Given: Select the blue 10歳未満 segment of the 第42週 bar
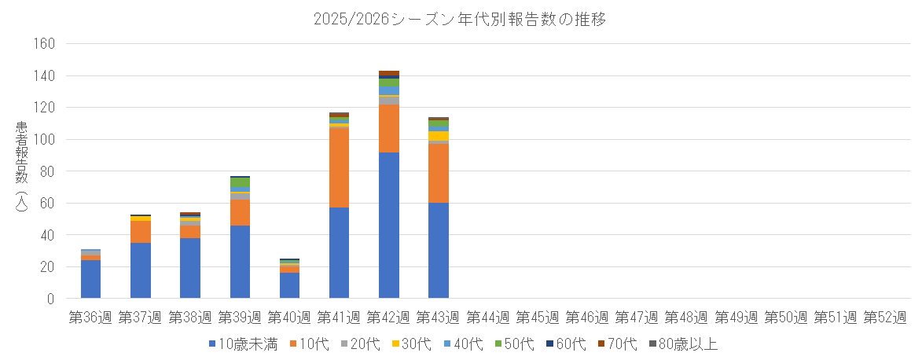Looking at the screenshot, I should click(x=389, y=225).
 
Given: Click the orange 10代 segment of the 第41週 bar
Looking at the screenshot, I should click(x=340, y=167).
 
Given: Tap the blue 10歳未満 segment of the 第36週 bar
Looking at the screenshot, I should click(x=91, y=279).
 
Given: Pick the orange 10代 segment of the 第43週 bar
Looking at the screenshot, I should click(x=439, y=173).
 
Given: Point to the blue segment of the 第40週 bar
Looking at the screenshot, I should click(x=289, y=285).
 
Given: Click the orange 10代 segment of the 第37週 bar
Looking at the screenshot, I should click(x=141, y=232).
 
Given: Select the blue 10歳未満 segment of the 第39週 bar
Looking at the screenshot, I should click(x=240, y=262).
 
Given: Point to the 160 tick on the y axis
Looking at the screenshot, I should click(x=43, y=44).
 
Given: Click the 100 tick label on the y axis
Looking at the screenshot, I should click(x=43, y=140).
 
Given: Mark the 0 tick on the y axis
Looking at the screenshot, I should click(x=50, y=299).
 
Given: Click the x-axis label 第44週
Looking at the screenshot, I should click(x=488, y=318).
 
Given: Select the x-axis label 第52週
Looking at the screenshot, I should click(x=884, y=318).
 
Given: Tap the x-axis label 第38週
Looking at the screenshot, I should click(x=190, y=318).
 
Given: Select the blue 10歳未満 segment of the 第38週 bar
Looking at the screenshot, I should click(x=190, y=268).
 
